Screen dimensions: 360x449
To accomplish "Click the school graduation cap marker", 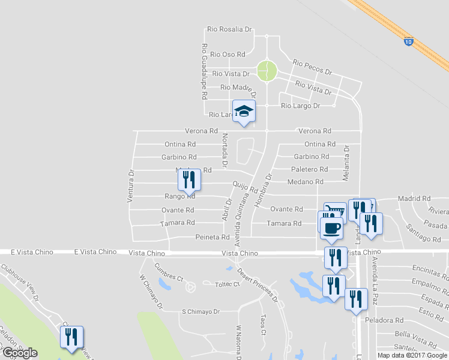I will (244, 112).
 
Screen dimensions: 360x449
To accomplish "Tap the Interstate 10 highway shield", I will (408, 41).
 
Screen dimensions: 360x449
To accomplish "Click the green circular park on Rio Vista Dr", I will (267, 71).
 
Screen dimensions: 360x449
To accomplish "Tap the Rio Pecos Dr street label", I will (312, 67).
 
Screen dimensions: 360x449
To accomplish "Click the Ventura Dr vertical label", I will (130, 185).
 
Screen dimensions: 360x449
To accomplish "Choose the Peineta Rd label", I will (212, 238).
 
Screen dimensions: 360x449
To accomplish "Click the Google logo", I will (20, 353).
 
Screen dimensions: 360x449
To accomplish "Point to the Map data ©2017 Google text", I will (412, 355).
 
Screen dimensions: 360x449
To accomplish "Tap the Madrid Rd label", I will (414, 198).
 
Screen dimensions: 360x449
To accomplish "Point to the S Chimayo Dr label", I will (201, 312).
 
